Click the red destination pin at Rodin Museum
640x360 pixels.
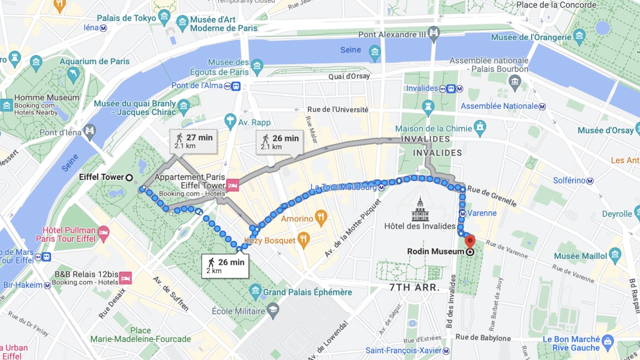pos(470,242)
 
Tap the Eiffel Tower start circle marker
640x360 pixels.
pos(129,177)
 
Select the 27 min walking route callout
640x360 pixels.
pos(193,141)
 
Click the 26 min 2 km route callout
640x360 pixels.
pos(225,266)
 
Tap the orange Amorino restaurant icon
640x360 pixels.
pos(321,217)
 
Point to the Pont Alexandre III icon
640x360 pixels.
pos(434,35)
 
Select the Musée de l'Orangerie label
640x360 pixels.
pos(531,37)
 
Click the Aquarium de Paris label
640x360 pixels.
pos(94,61)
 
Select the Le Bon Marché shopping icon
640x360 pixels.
pos(607,342)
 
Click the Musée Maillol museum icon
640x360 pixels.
pos(615,255)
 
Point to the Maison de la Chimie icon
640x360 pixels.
pos(480,127)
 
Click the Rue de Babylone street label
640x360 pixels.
pos(483,338)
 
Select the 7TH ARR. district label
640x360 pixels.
pos(413,288)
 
